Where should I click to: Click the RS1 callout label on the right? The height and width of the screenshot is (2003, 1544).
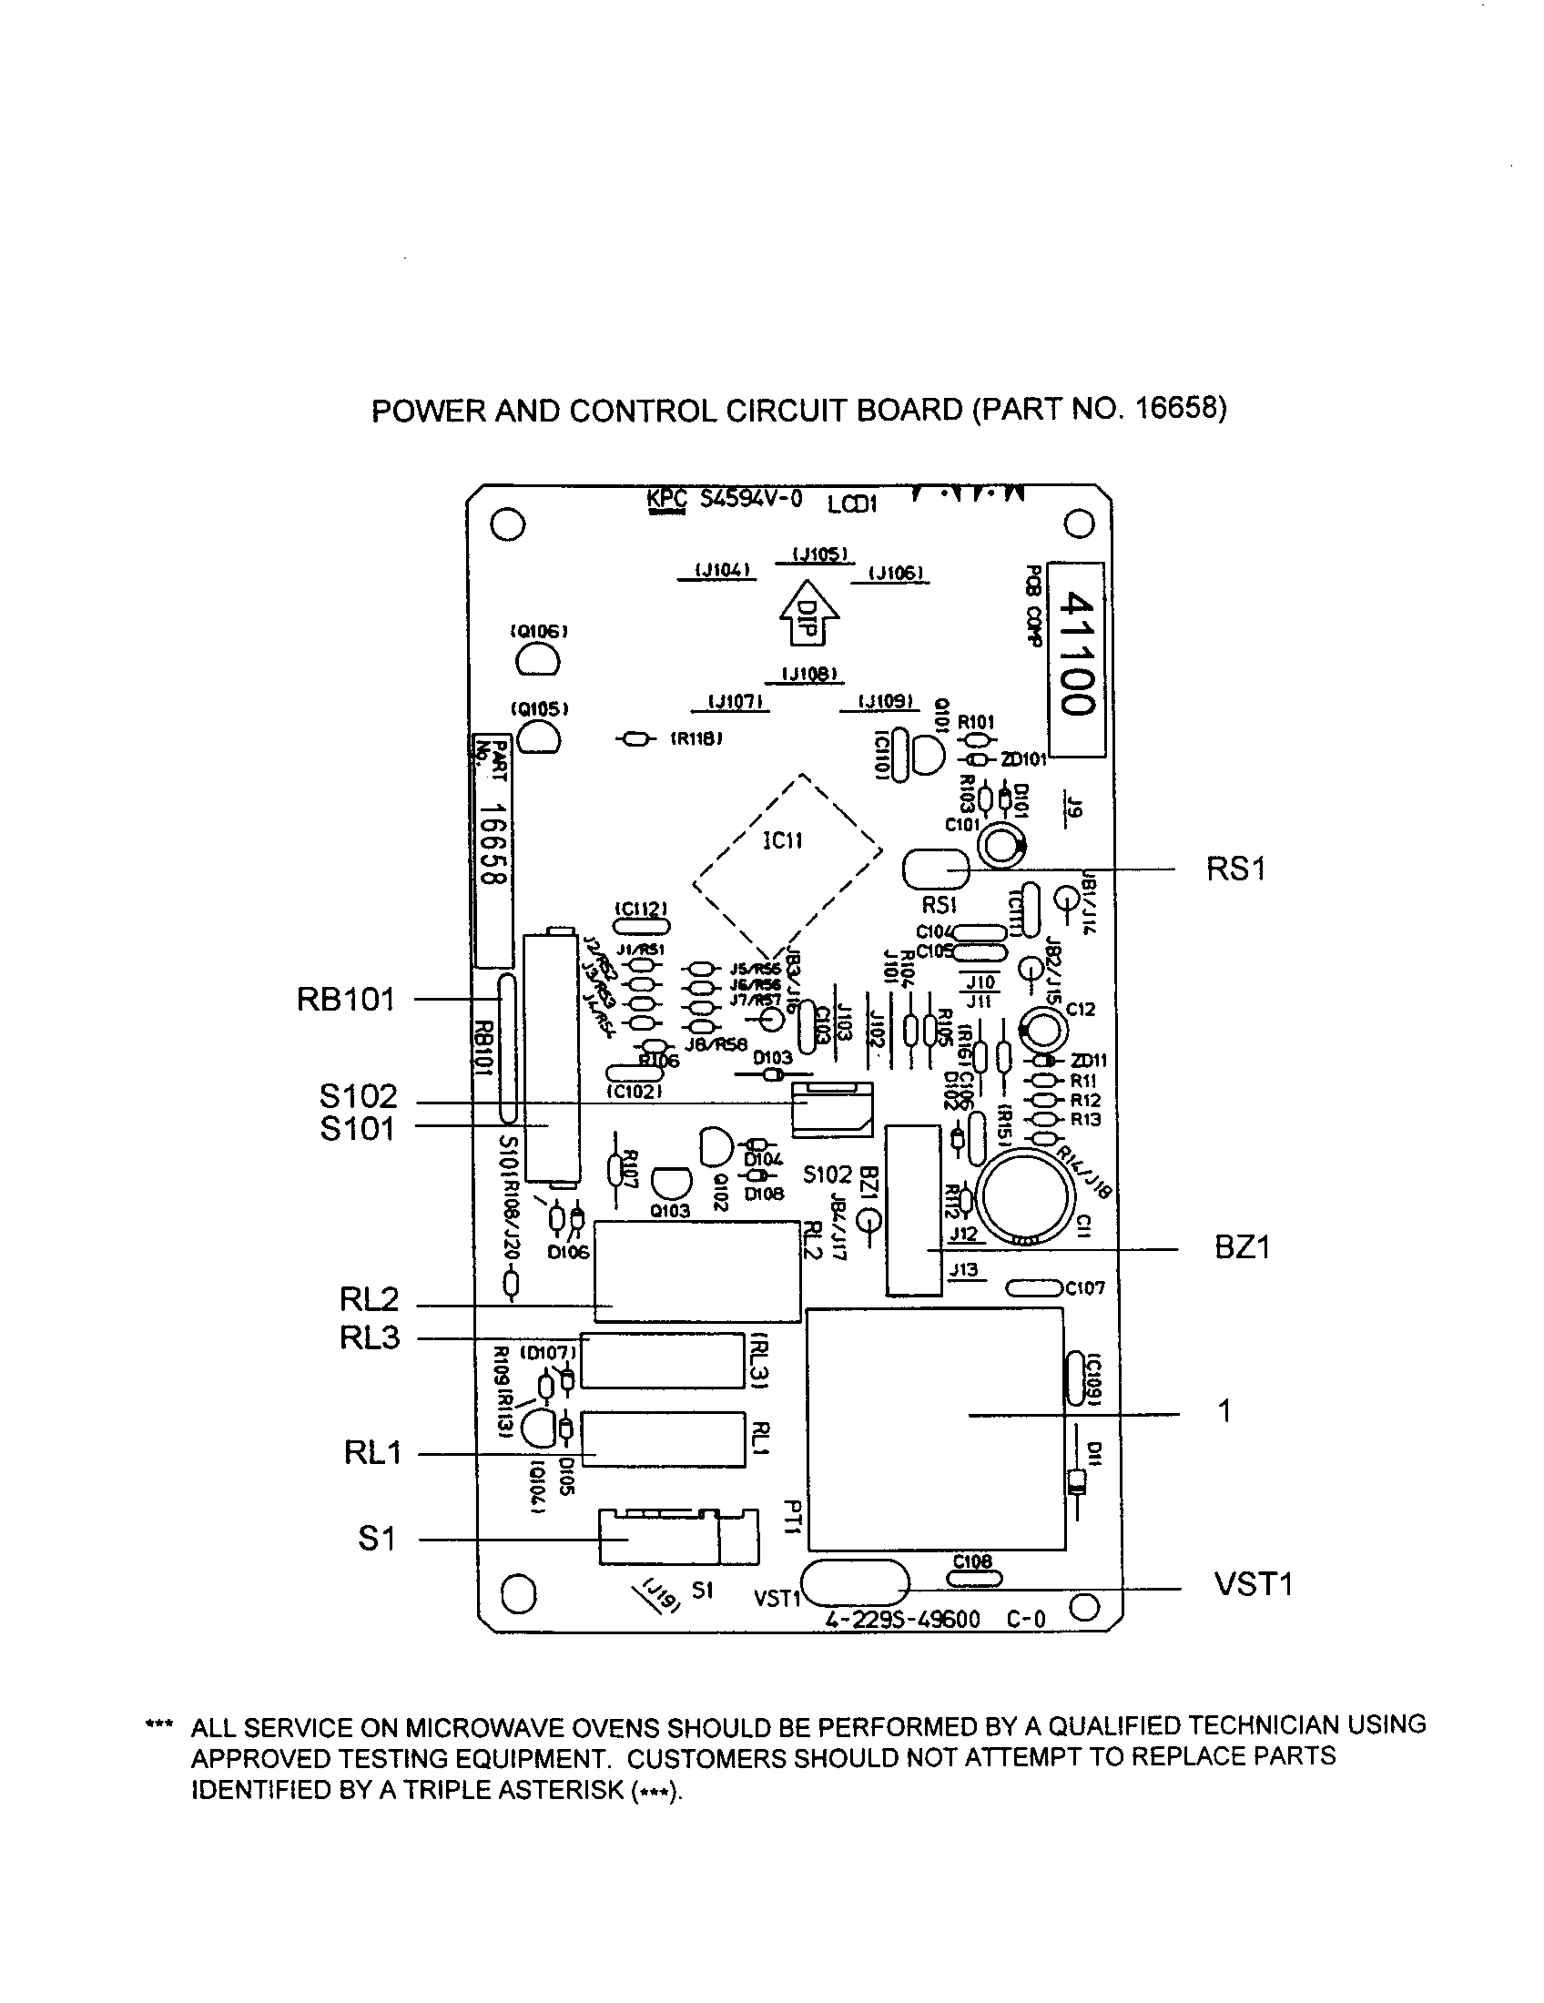pos(1235,869)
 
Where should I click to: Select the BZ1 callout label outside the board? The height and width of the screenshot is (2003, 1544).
pos(1242,1248)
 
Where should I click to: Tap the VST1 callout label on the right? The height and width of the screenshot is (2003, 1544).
pos(1253,1584)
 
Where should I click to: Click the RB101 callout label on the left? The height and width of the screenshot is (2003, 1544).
pos(346,999)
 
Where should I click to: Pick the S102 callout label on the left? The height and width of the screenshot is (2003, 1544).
pos(358,1096)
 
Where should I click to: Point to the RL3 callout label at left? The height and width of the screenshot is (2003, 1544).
pos(370,1338)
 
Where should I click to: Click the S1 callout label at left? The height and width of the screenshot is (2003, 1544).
pos(376,1538)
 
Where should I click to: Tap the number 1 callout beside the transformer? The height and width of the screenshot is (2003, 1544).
pos(1224,1411)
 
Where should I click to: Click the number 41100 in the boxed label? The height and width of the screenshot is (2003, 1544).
pos(1076,656)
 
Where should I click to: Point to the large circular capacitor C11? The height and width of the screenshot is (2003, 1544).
pos(1026,1197)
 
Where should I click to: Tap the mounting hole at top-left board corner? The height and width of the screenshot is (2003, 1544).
pos(508,524)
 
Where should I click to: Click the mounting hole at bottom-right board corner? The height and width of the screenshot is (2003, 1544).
pos(1083,1608)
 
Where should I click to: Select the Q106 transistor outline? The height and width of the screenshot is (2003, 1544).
pos(538,660)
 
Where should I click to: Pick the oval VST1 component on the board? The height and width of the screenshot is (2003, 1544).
pos(856,1584)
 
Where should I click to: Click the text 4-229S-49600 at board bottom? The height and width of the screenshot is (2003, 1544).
pos(903,1619)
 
